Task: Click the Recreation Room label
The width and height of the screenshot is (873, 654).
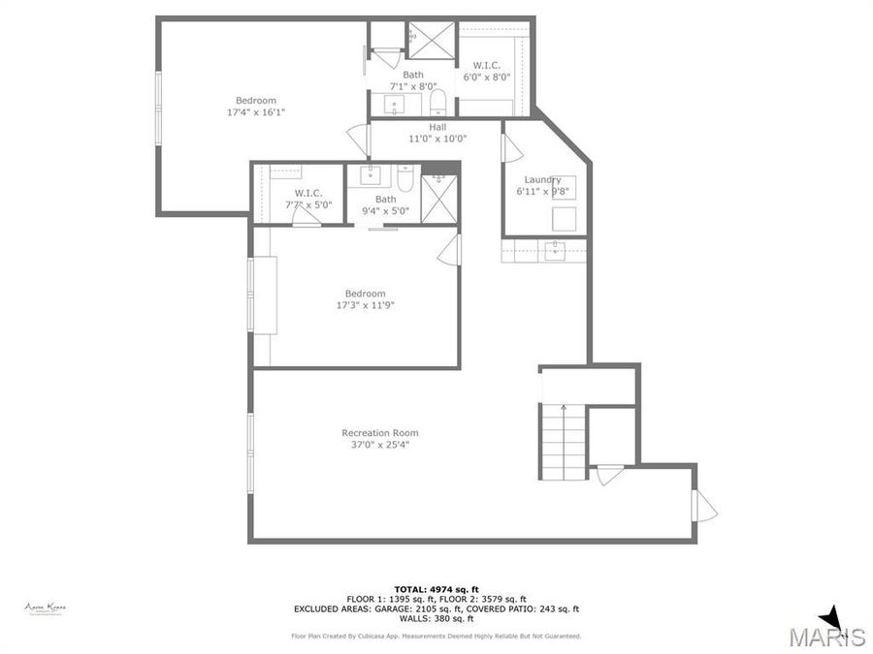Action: click(x=380, y=433)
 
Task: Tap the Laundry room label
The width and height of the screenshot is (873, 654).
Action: click(x=542, y=179)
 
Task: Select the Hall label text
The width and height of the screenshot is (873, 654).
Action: click(x=437, y=126)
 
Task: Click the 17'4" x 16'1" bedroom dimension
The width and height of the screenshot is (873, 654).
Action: click(x=256, y=112)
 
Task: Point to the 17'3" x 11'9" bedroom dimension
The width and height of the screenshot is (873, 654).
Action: click(x=365, y=306)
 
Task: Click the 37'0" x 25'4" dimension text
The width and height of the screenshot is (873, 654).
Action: click(x=380, y=446)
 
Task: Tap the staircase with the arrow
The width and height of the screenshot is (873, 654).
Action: click(x=563, y=441)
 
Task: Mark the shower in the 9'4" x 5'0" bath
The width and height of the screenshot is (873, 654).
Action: click(x=439, y=199)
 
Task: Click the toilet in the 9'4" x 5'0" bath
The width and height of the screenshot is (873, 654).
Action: click(x=405, y=178)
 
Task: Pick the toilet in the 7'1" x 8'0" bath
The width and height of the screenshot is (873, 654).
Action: click(x=437, y=103)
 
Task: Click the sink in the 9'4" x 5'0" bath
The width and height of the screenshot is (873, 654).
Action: click(x=371, y=175)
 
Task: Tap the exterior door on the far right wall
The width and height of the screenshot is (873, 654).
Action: click(x=702, y=505)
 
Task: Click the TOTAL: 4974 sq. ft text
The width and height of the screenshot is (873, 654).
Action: click(x=436, y=589)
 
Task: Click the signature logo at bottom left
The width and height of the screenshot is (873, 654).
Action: click(x=45, y=607)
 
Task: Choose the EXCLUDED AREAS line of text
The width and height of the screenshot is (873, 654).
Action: click(x=436, y=609)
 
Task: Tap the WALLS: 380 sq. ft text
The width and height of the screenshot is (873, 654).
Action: click(x=436, y=619)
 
